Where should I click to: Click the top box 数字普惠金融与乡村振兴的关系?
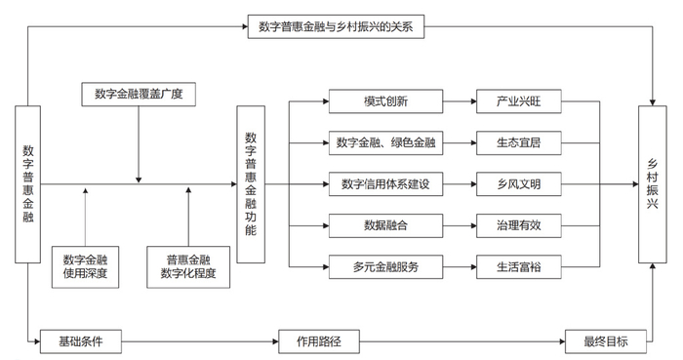pos(336,26)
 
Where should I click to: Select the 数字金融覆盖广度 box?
pos(139,95)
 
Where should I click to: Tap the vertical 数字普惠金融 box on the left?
pos(28,183)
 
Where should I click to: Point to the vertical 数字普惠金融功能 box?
pos(251,183)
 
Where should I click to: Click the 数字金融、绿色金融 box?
pos(385,142)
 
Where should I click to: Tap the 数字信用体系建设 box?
pos(385,183)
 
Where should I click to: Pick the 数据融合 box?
pos(385,224)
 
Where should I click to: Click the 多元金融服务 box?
pos(385,265)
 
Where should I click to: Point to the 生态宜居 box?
pos(517,142)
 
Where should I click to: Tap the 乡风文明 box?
pos(517,183)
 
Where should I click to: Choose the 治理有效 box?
pos(517,224)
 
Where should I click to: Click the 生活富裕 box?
pos(517,265)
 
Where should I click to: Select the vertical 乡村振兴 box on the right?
pos(652,183)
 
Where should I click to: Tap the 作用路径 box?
pos(315,341)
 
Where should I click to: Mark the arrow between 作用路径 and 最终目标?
pos(459,341)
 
